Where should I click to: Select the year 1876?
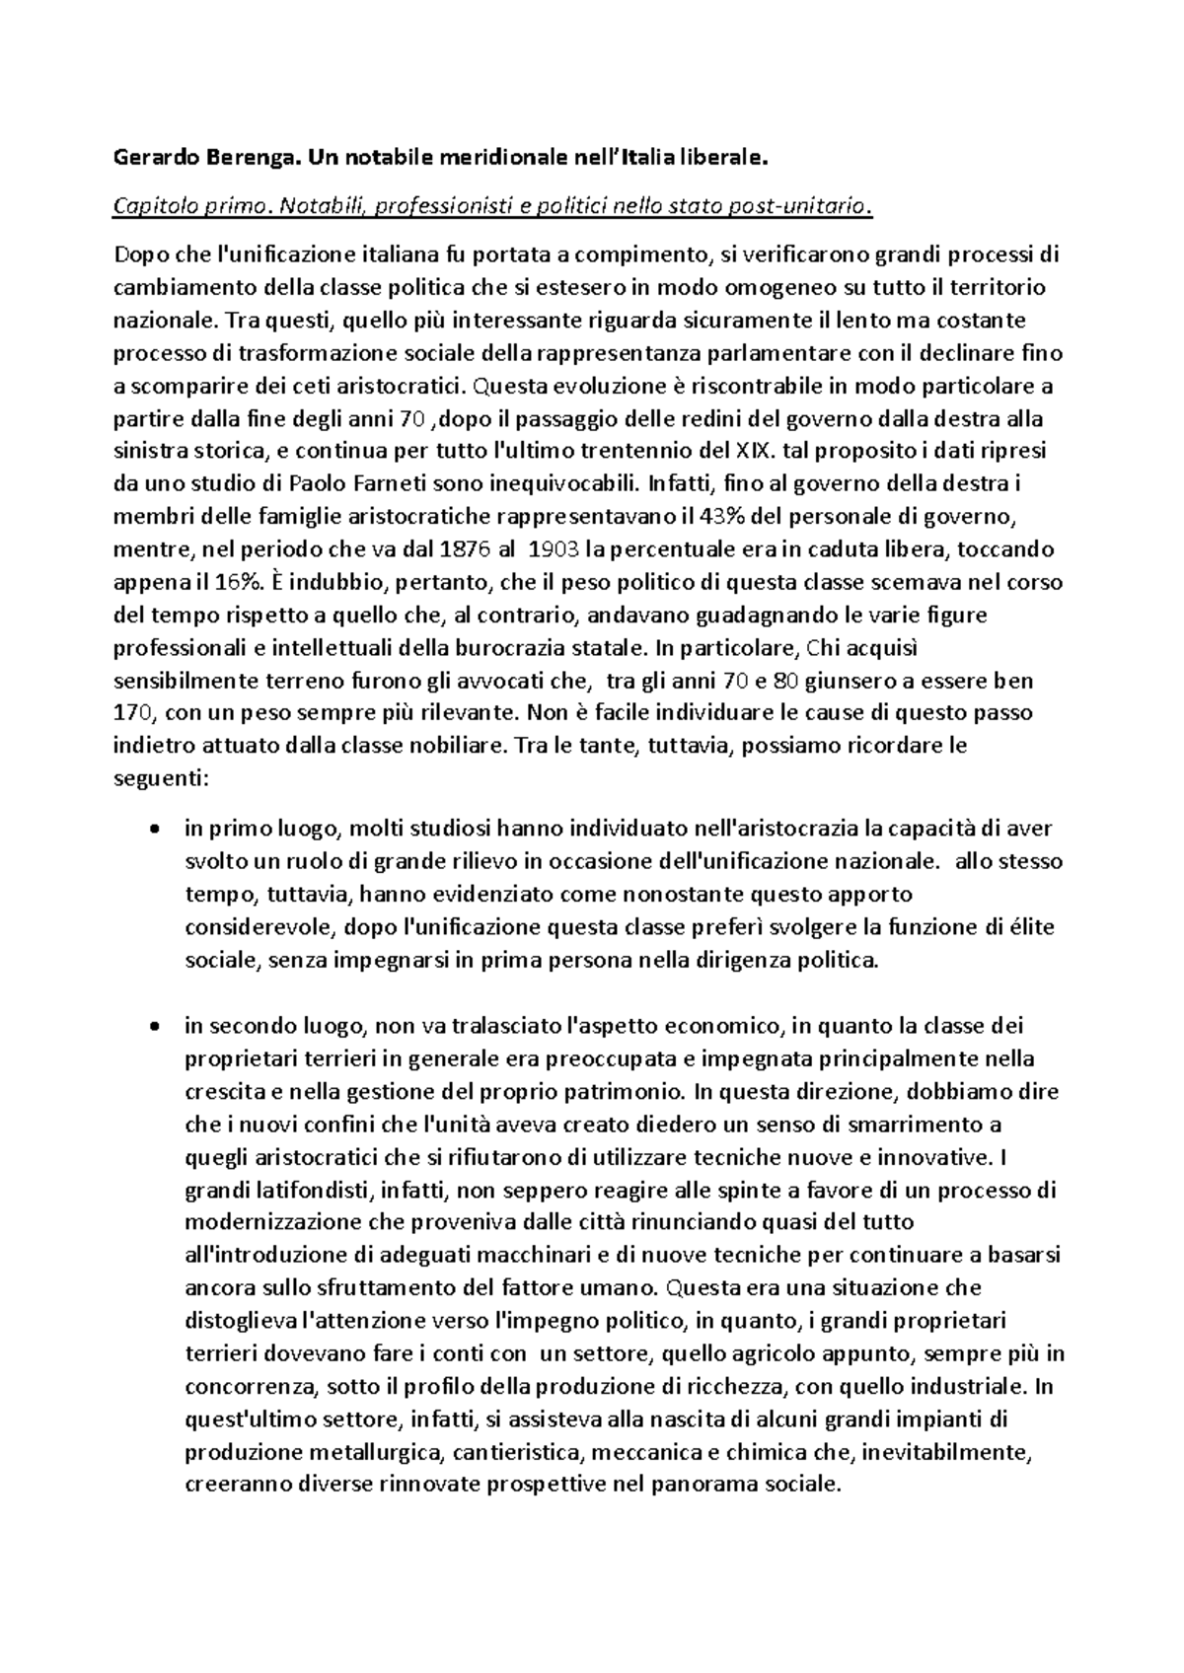click(473, 548)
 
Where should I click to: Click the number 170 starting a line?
click(134, 711)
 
